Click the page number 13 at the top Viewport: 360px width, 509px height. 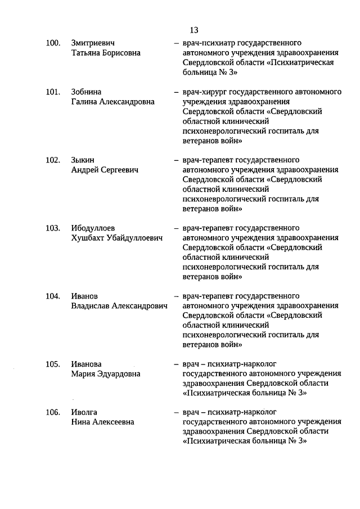coord(194,30)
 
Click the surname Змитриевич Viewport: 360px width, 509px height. coord(95,43)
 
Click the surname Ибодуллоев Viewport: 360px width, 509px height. coord(93,228)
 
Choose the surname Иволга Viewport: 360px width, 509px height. coord(84,412)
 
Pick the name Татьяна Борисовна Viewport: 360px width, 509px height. coord(106,53)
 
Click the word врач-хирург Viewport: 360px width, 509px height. coord(207,92)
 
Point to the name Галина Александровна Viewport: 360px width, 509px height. coord(112,102)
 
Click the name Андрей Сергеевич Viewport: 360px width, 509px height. coord(105,170)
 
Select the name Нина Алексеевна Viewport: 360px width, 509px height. coord(102,422)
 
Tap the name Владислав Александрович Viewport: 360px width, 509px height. coord(120,306)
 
